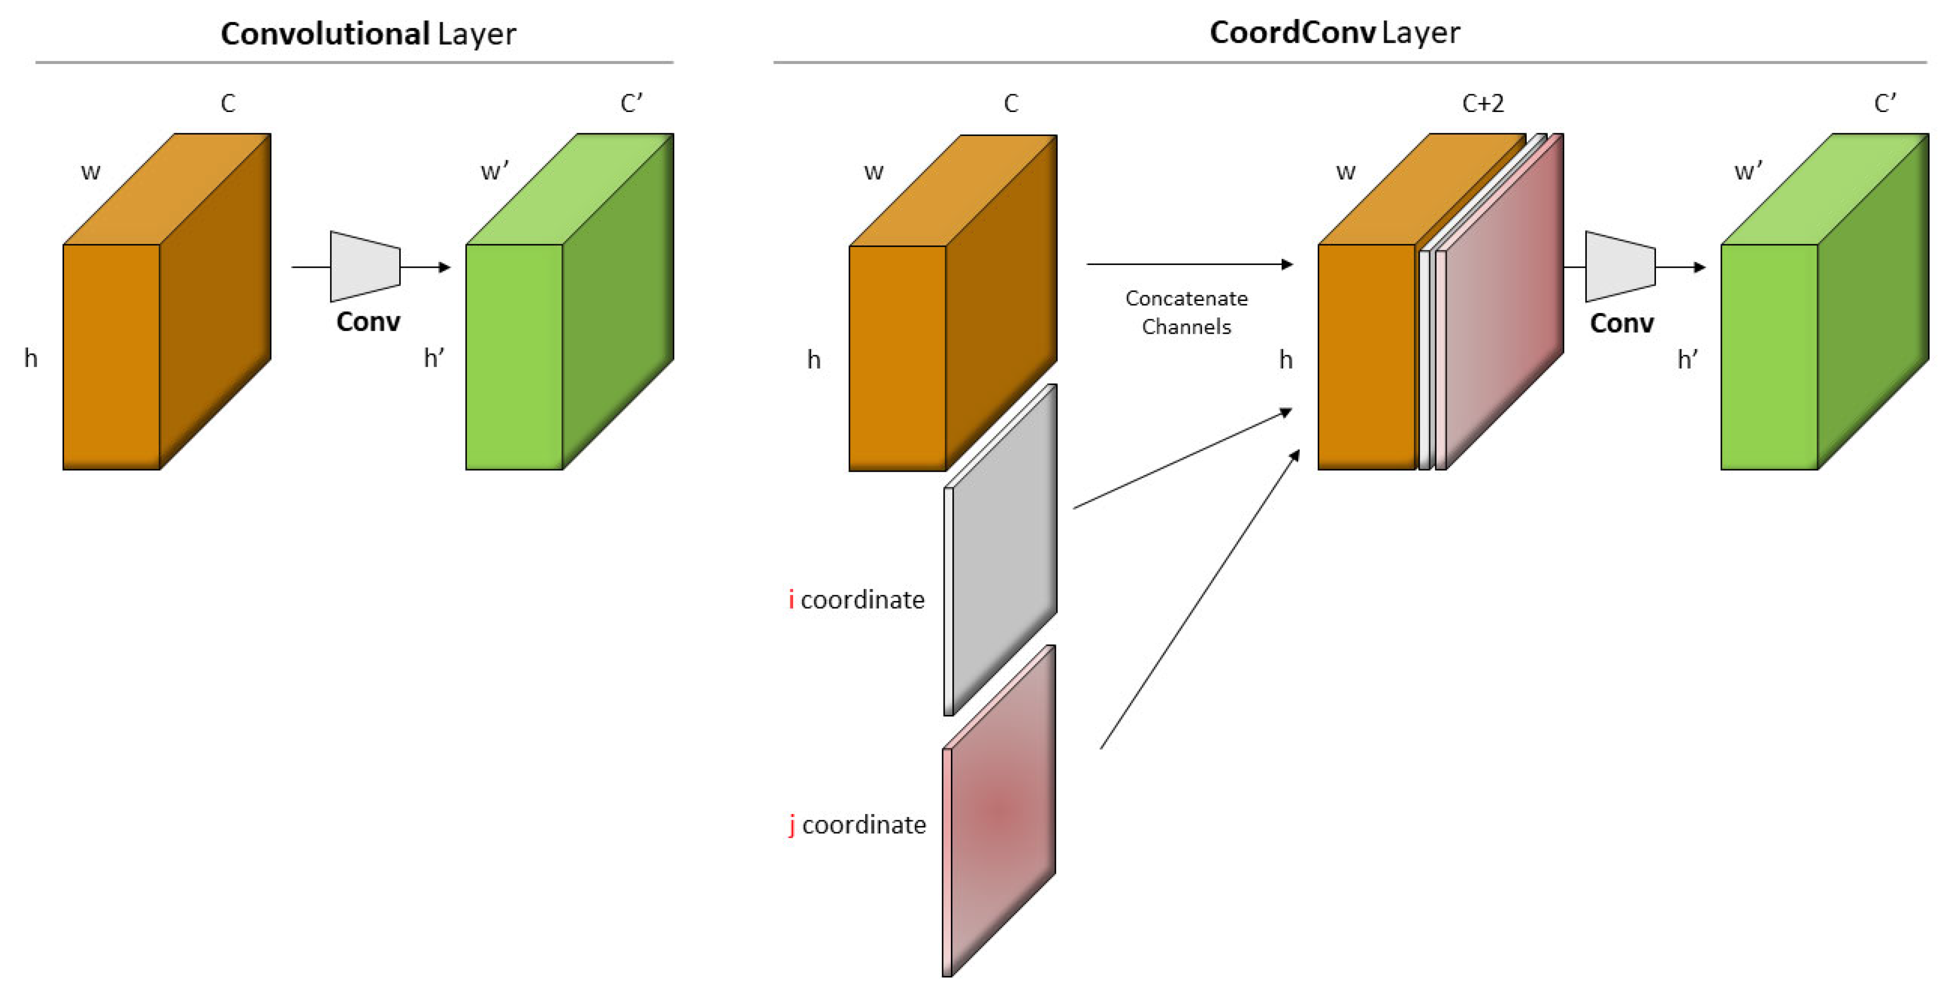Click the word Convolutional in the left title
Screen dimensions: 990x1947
click(325, 34)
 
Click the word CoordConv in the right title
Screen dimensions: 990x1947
click(1292, 33)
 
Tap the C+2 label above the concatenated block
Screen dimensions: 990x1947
click(1483, 103)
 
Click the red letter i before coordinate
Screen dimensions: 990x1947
click(791, 599)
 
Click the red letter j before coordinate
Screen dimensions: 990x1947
click(791, 825)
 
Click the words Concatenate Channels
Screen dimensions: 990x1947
click(1186, 312)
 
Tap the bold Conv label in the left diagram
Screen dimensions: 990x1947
click(368, 322)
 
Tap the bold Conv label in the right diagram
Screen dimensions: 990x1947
click(1621, 324)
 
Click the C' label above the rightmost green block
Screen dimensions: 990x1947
click(1885, 103)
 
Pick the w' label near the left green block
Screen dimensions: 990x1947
click(495, 172)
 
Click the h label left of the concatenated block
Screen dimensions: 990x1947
click(1286, 360)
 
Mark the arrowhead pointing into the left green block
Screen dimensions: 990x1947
click(445, 267)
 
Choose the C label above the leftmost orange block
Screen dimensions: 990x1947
click(228, 103)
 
